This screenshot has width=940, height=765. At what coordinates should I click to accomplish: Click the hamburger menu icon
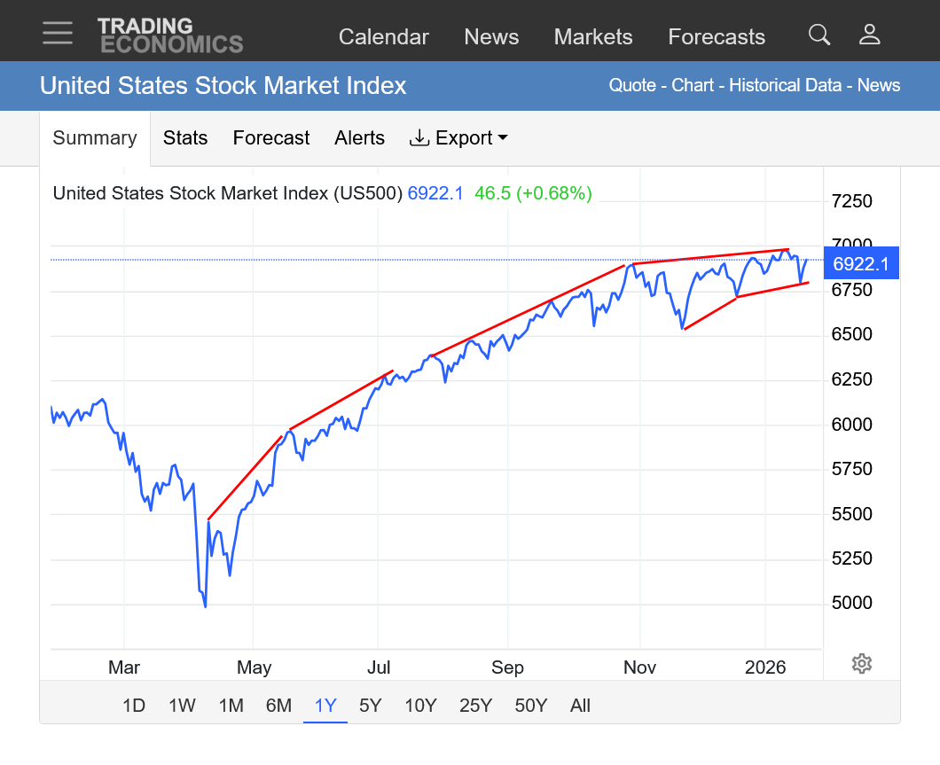(x=58, y=33)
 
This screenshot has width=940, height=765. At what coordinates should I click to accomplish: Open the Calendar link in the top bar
(x=384, y=36)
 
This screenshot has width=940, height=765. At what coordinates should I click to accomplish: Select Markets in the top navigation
(x=593, y=36)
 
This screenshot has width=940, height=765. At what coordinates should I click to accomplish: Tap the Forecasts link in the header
(x=717, y=36)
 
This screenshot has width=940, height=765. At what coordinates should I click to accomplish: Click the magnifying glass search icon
(x=819, y=35)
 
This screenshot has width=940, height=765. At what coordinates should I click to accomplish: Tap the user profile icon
(x=869, y=35)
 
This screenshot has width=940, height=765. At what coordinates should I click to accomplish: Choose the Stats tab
(x=185, y=137)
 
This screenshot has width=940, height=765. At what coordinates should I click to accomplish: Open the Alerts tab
(x=359, y=137)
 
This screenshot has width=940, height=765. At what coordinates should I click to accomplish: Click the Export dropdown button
(x=458, y=137)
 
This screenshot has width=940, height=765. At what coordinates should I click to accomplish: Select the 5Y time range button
(x=370, y=706)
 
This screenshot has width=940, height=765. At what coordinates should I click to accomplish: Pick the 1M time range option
(x=231, y=706)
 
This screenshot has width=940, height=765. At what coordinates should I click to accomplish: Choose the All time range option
(x=580, y=706)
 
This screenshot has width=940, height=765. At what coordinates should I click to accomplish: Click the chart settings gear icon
(x=861, y=663)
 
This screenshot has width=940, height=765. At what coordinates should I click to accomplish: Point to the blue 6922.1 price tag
(x=861, y=263)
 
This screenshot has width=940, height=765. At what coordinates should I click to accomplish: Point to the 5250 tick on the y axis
(x=851, y=558)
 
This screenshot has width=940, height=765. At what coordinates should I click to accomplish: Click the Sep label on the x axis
(x=507, y=667)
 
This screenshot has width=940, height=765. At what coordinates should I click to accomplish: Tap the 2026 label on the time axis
(x=765, y=667)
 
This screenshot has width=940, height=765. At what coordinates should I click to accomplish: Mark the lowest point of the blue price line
(x=205, y=606)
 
